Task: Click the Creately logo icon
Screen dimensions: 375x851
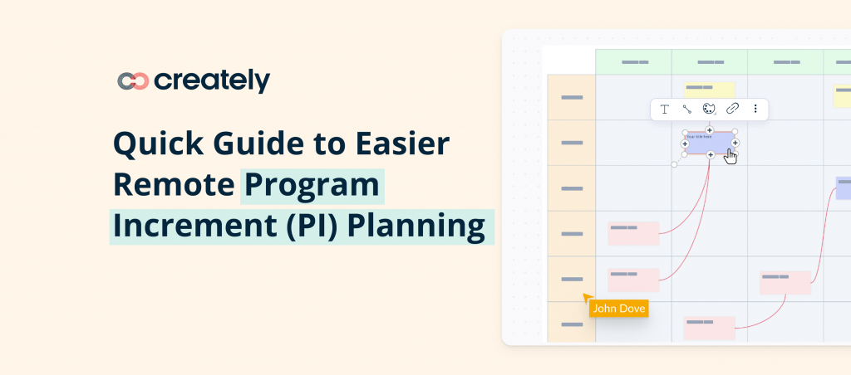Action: [x=133, y=80]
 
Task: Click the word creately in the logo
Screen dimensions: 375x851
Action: [x=212, y=80]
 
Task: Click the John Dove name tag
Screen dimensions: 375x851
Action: [x=617, y=308]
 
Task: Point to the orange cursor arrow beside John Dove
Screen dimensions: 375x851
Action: [x=588, y=296]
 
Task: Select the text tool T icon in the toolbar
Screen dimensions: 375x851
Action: [x=665, y=109]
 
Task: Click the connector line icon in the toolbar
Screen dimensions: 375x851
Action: [x=686, y=109]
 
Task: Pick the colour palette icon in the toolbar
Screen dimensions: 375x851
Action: [x=709, y=109]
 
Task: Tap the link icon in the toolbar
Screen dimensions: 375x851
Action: [x=732, y=109]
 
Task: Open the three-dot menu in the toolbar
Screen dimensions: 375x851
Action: [x=755, y=109]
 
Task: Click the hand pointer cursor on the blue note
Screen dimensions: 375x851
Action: [x=730, y=155]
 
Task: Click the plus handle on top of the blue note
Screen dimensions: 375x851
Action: [x=710, y=130]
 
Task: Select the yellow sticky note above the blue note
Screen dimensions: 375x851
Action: [x=709, y=90]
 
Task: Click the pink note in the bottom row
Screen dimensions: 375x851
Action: [x=709, y=327]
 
